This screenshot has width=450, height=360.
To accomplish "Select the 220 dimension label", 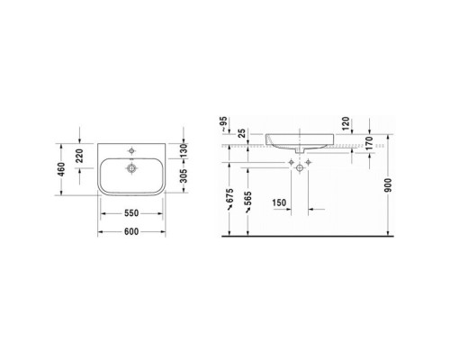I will pyautogui.click(x=82, y=155).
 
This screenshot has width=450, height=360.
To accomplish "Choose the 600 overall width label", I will pyautogui.click(x=131, y=229).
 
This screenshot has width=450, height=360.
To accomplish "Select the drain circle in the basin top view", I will pyautogui.click(x=131, y=166).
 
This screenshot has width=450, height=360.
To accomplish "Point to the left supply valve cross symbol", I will pyautogui.click(x=293, y=165).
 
